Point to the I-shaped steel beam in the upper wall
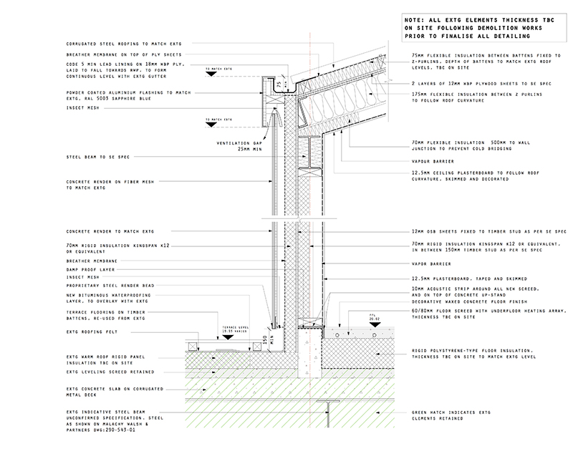(311, 153)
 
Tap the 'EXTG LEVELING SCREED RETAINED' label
(111, 372)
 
